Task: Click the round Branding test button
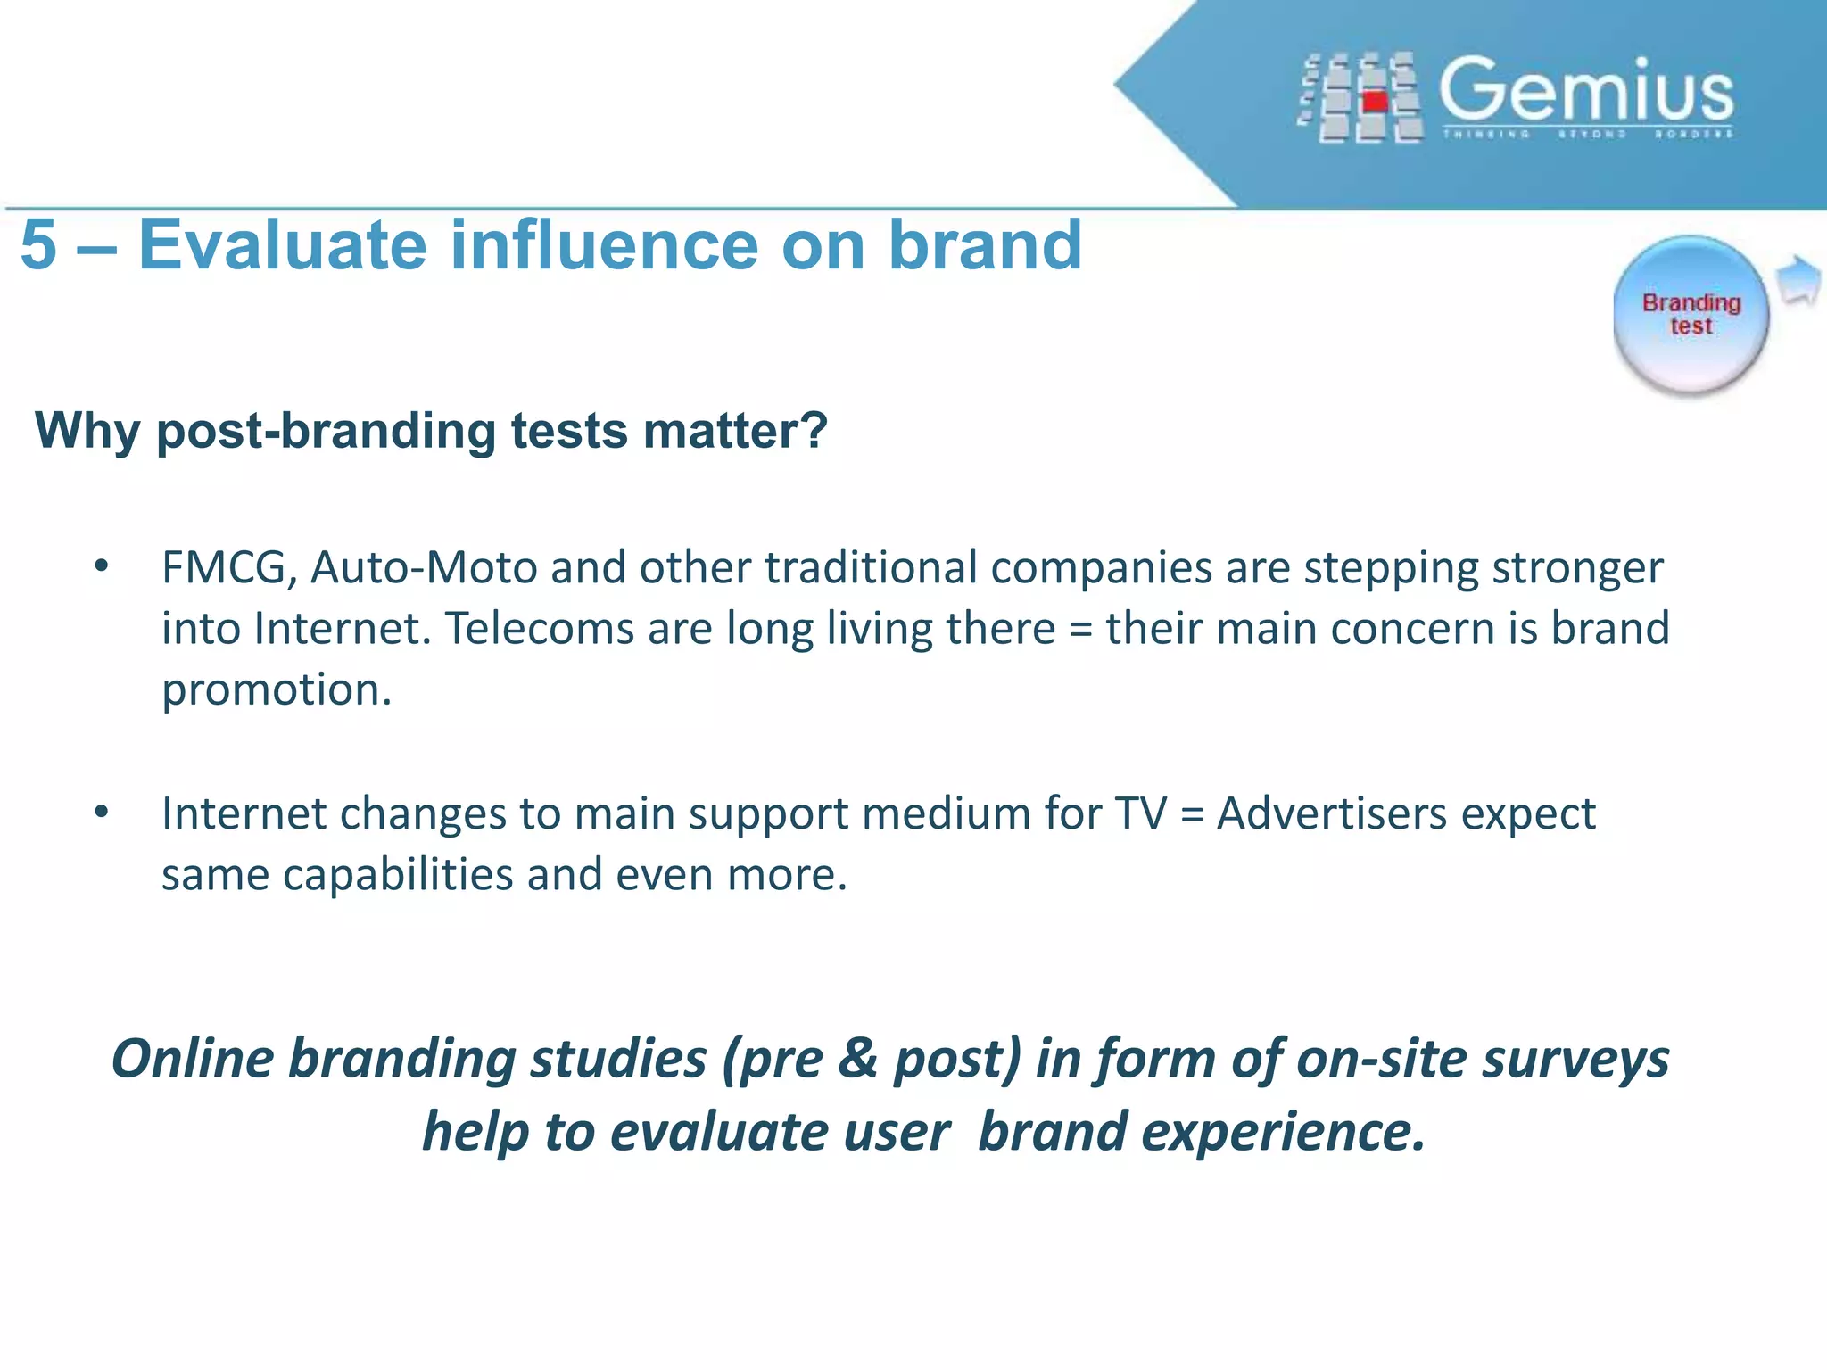coord(1691,314)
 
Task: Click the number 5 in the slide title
coord(39,245)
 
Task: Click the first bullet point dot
coord(102,565)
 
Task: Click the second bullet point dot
coord(102,812)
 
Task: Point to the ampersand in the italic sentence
coord(858,1060)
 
